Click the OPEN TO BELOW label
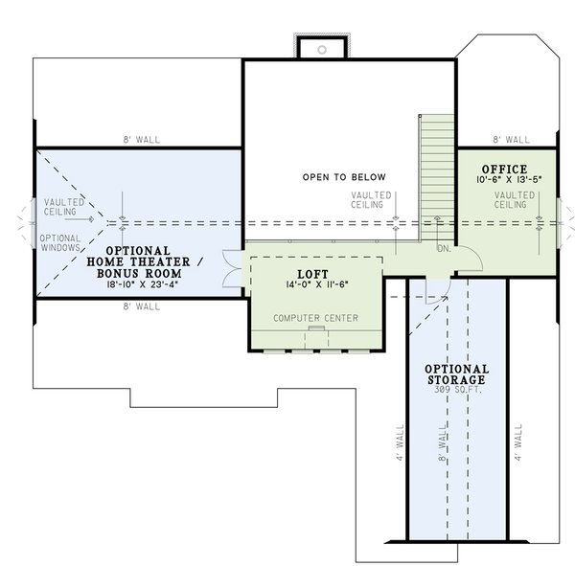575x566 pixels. pyautogui.click(x=343, y=177)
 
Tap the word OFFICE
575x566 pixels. pyautogui.click(x=504, y=169)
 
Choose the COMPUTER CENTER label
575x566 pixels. pyautogui.click(x=315, y=317)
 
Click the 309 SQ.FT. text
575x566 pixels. pyautogui.click(x=457, y=392)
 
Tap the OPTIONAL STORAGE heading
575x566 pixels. pyautogui.click(x=457, y=374)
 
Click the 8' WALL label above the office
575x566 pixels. pyautogui.click(x=511, y=139)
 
